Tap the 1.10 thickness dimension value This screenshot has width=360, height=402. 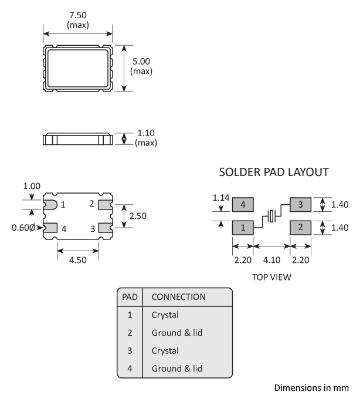click(146, 133)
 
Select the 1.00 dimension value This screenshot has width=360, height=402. click(32, 186)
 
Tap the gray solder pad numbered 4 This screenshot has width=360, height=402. click(242, 205)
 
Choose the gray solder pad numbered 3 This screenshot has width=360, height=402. click(300, 205)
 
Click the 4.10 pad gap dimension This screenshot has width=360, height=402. click(271, 259)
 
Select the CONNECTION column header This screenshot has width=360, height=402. click(178, 297)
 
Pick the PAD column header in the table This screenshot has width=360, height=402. click(130, 297)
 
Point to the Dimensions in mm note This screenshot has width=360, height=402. click(311, 388)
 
